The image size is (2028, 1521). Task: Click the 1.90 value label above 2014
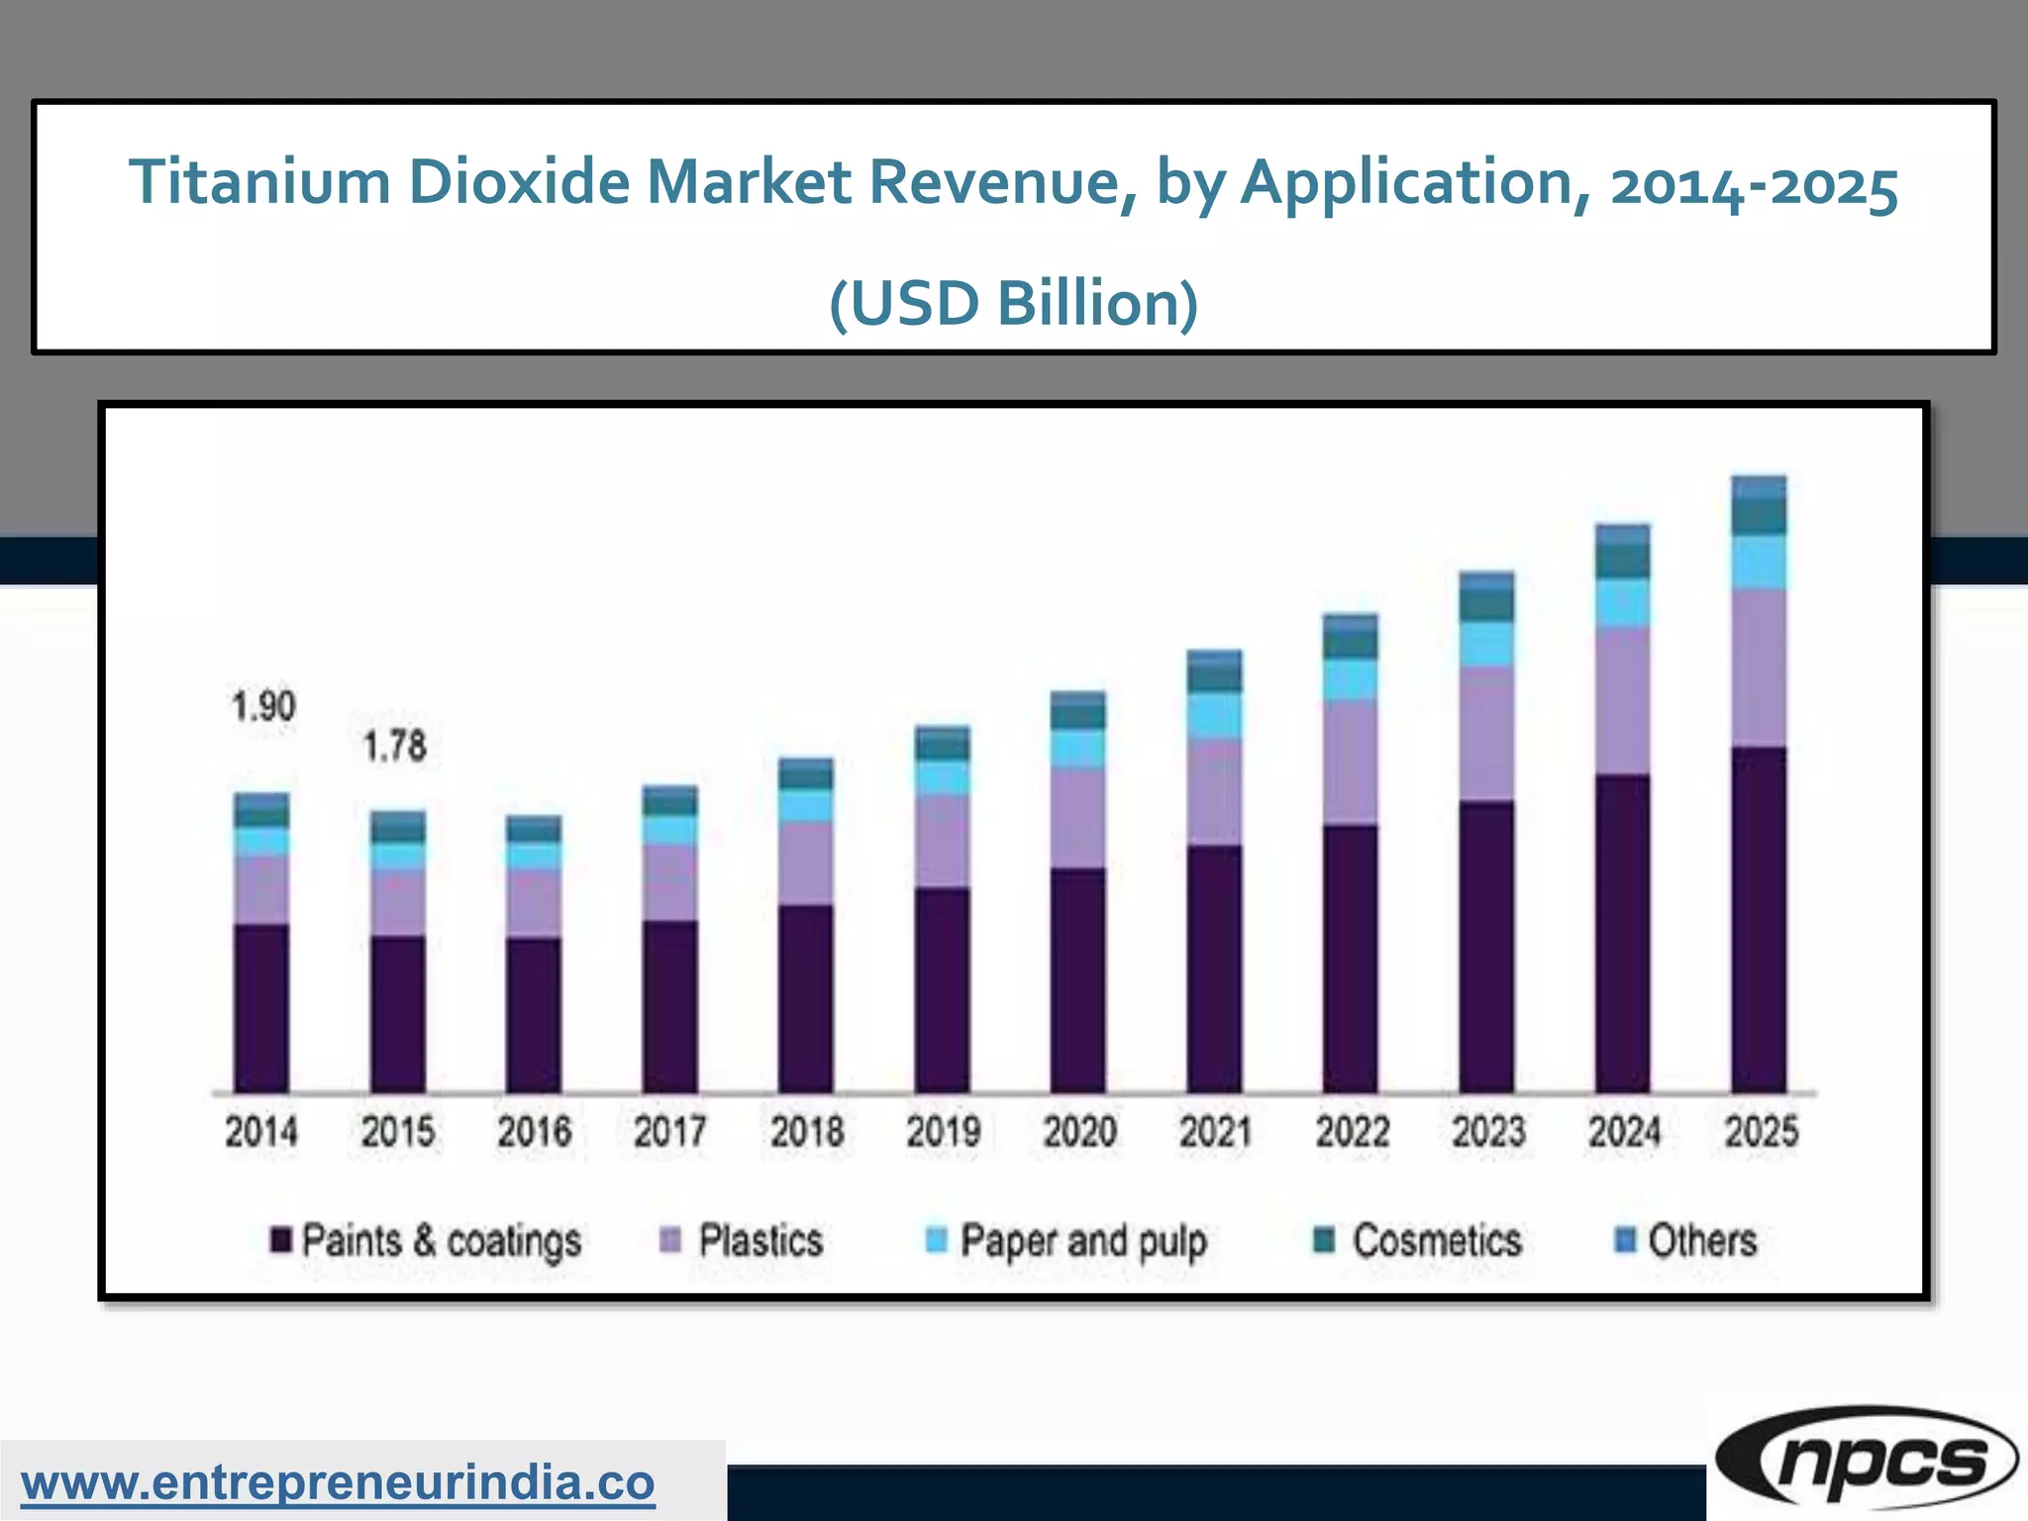coord(263,707)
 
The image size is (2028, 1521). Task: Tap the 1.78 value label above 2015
coord(395,747)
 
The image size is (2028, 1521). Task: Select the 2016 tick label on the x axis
coord(535,1132)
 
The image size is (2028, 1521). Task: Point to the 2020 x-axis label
coord(1079,1132)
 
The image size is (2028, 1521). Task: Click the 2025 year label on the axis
coord(1762,1132)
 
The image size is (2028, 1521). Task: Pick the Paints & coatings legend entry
coord(427,1241)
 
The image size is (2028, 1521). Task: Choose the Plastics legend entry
coord(743,1241)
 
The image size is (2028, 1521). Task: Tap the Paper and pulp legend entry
coord(1066,1241)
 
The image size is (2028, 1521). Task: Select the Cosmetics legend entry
coord(1418,1241)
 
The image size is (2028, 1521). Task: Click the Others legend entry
coord(1686,1241)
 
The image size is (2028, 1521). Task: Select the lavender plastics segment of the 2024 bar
coord(1623,700)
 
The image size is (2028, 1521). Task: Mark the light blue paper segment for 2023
coord(1486,644)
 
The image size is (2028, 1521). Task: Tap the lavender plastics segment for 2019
coord(942,840)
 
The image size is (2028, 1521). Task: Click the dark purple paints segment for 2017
coord(669,1006)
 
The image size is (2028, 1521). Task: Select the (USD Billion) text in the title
coord(1013,303)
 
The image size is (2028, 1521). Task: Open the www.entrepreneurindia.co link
coord(338,1483)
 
